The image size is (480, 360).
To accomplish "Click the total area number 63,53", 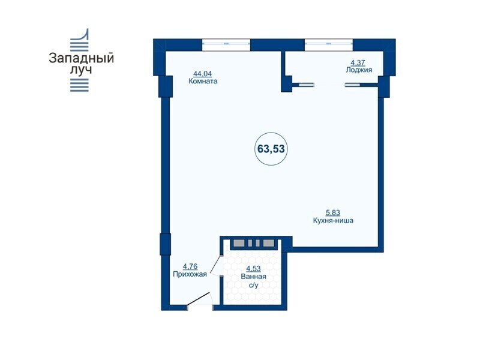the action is tap(271, 149).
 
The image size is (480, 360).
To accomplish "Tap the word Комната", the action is tap(203, 82).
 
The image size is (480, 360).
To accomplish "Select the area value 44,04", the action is tap(202, 74).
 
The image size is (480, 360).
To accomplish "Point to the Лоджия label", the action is tap(359, 70).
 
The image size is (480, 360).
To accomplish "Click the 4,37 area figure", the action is tap(358, 63).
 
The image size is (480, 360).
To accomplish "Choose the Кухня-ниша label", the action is tap(333, 220).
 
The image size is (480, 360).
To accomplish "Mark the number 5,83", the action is tap(333, 212).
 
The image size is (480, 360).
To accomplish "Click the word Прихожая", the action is tap(190, 274).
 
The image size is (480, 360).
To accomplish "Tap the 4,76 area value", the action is tap(190, 266).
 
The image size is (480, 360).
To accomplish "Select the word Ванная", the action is tap(253, 277).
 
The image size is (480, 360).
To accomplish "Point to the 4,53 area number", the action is tap(253, 269).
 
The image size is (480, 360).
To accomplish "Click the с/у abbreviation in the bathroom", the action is tap(254, 286).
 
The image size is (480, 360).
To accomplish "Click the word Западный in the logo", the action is tap(82, 58).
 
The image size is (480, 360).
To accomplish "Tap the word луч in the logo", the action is tap(81, 70).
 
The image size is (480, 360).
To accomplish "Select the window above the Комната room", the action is tap(226, 44).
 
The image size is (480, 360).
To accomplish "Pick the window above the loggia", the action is tap(329, 44).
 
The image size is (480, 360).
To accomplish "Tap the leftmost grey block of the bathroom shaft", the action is tap(239, 244).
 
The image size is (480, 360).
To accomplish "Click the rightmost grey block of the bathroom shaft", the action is tap(268, 244).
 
